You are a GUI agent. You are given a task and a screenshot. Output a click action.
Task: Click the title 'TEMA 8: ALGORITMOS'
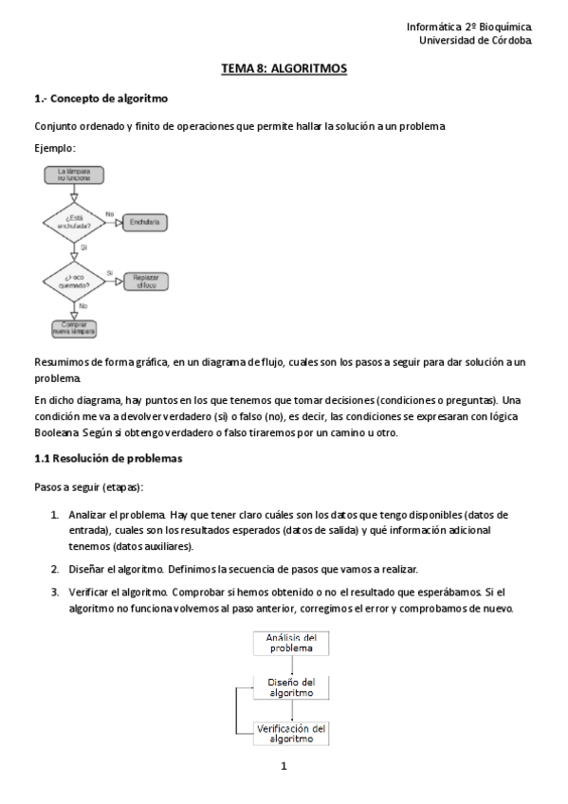tap(284, 69)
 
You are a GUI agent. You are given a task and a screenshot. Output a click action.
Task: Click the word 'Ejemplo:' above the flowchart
tap(55, 149)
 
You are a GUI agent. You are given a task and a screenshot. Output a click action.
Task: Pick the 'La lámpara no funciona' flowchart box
tap(73, 174)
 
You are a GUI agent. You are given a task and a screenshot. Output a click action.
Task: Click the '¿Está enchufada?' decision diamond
tap(73, 222)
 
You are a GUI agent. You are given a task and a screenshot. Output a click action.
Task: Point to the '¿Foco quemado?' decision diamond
tap(73, 281)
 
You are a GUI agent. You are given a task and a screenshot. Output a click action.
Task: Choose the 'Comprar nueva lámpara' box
tap(73, 328)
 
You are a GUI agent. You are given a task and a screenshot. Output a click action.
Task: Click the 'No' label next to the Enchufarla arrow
tap(110, 213)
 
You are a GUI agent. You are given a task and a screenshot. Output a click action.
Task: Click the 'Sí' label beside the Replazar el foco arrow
tap(110, 272)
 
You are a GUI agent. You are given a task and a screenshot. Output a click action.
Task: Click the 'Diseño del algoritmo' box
tap(290, 686)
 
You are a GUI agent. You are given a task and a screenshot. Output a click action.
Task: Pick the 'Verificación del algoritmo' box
tap(290, 732)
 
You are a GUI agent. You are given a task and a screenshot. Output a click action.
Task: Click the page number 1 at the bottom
tap(284, 766)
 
